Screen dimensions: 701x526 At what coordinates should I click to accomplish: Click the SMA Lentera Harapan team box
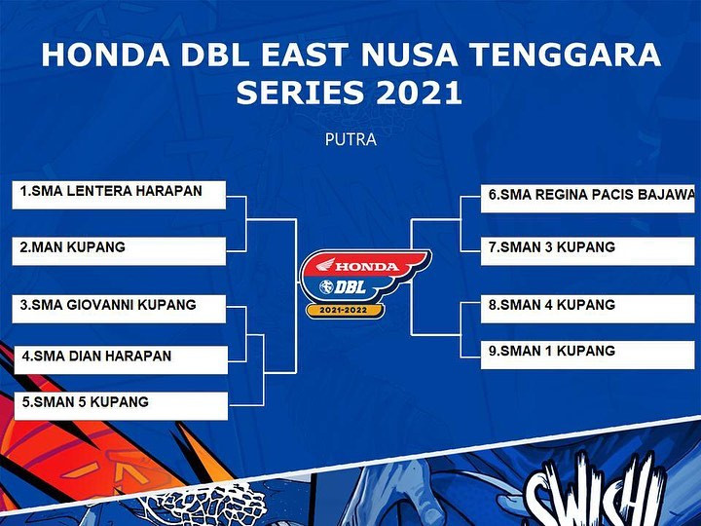119,195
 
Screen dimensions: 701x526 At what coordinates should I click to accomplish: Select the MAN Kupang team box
119,251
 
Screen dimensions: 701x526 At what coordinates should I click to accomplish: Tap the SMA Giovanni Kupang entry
119,309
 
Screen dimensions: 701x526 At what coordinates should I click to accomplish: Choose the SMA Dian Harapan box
121,359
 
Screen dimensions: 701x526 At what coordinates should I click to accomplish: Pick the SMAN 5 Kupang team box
121,406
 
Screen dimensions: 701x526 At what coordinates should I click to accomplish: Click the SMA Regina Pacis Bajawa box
588,199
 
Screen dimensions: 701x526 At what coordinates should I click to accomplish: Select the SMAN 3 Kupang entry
588,251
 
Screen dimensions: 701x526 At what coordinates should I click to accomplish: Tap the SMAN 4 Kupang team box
588,309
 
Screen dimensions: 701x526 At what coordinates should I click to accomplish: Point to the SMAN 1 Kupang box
588,356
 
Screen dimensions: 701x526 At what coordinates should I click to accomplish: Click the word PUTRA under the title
350,139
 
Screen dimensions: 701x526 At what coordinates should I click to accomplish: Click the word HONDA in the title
105,55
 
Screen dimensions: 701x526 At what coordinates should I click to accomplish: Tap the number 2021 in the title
419,93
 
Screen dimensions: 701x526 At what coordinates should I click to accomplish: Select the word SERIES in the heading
300,93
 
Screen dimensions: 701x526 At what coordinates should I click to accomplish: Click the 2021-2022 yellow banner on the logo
344,310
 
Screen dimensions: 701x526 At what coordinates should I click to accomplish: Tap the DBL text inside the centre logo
350,287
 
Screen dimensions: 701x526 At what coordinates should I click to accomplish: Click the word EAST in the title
305,55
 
